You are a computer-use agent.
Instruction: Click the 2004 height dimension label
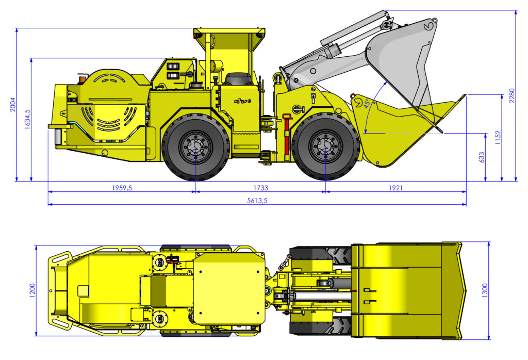pos(12,105)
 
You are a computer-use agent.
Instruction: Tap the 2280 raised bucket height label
pos(512,95)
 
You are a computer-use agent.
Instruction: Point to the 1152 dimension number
pos(498,138)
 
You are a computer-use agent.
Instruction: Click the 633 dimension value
pos(482,157)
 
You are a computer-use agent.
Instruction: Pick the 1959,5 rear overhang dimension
pos(122,188)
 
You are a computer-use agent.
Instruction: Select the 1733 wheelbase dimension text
pos(260,188)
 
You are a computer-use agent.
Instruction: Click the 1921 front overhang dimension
pos(395,188)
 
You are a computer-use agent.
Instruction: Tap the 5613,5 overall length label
pos(257,201)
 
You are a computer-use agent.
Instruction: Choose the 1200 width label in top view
pos(32,290)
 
